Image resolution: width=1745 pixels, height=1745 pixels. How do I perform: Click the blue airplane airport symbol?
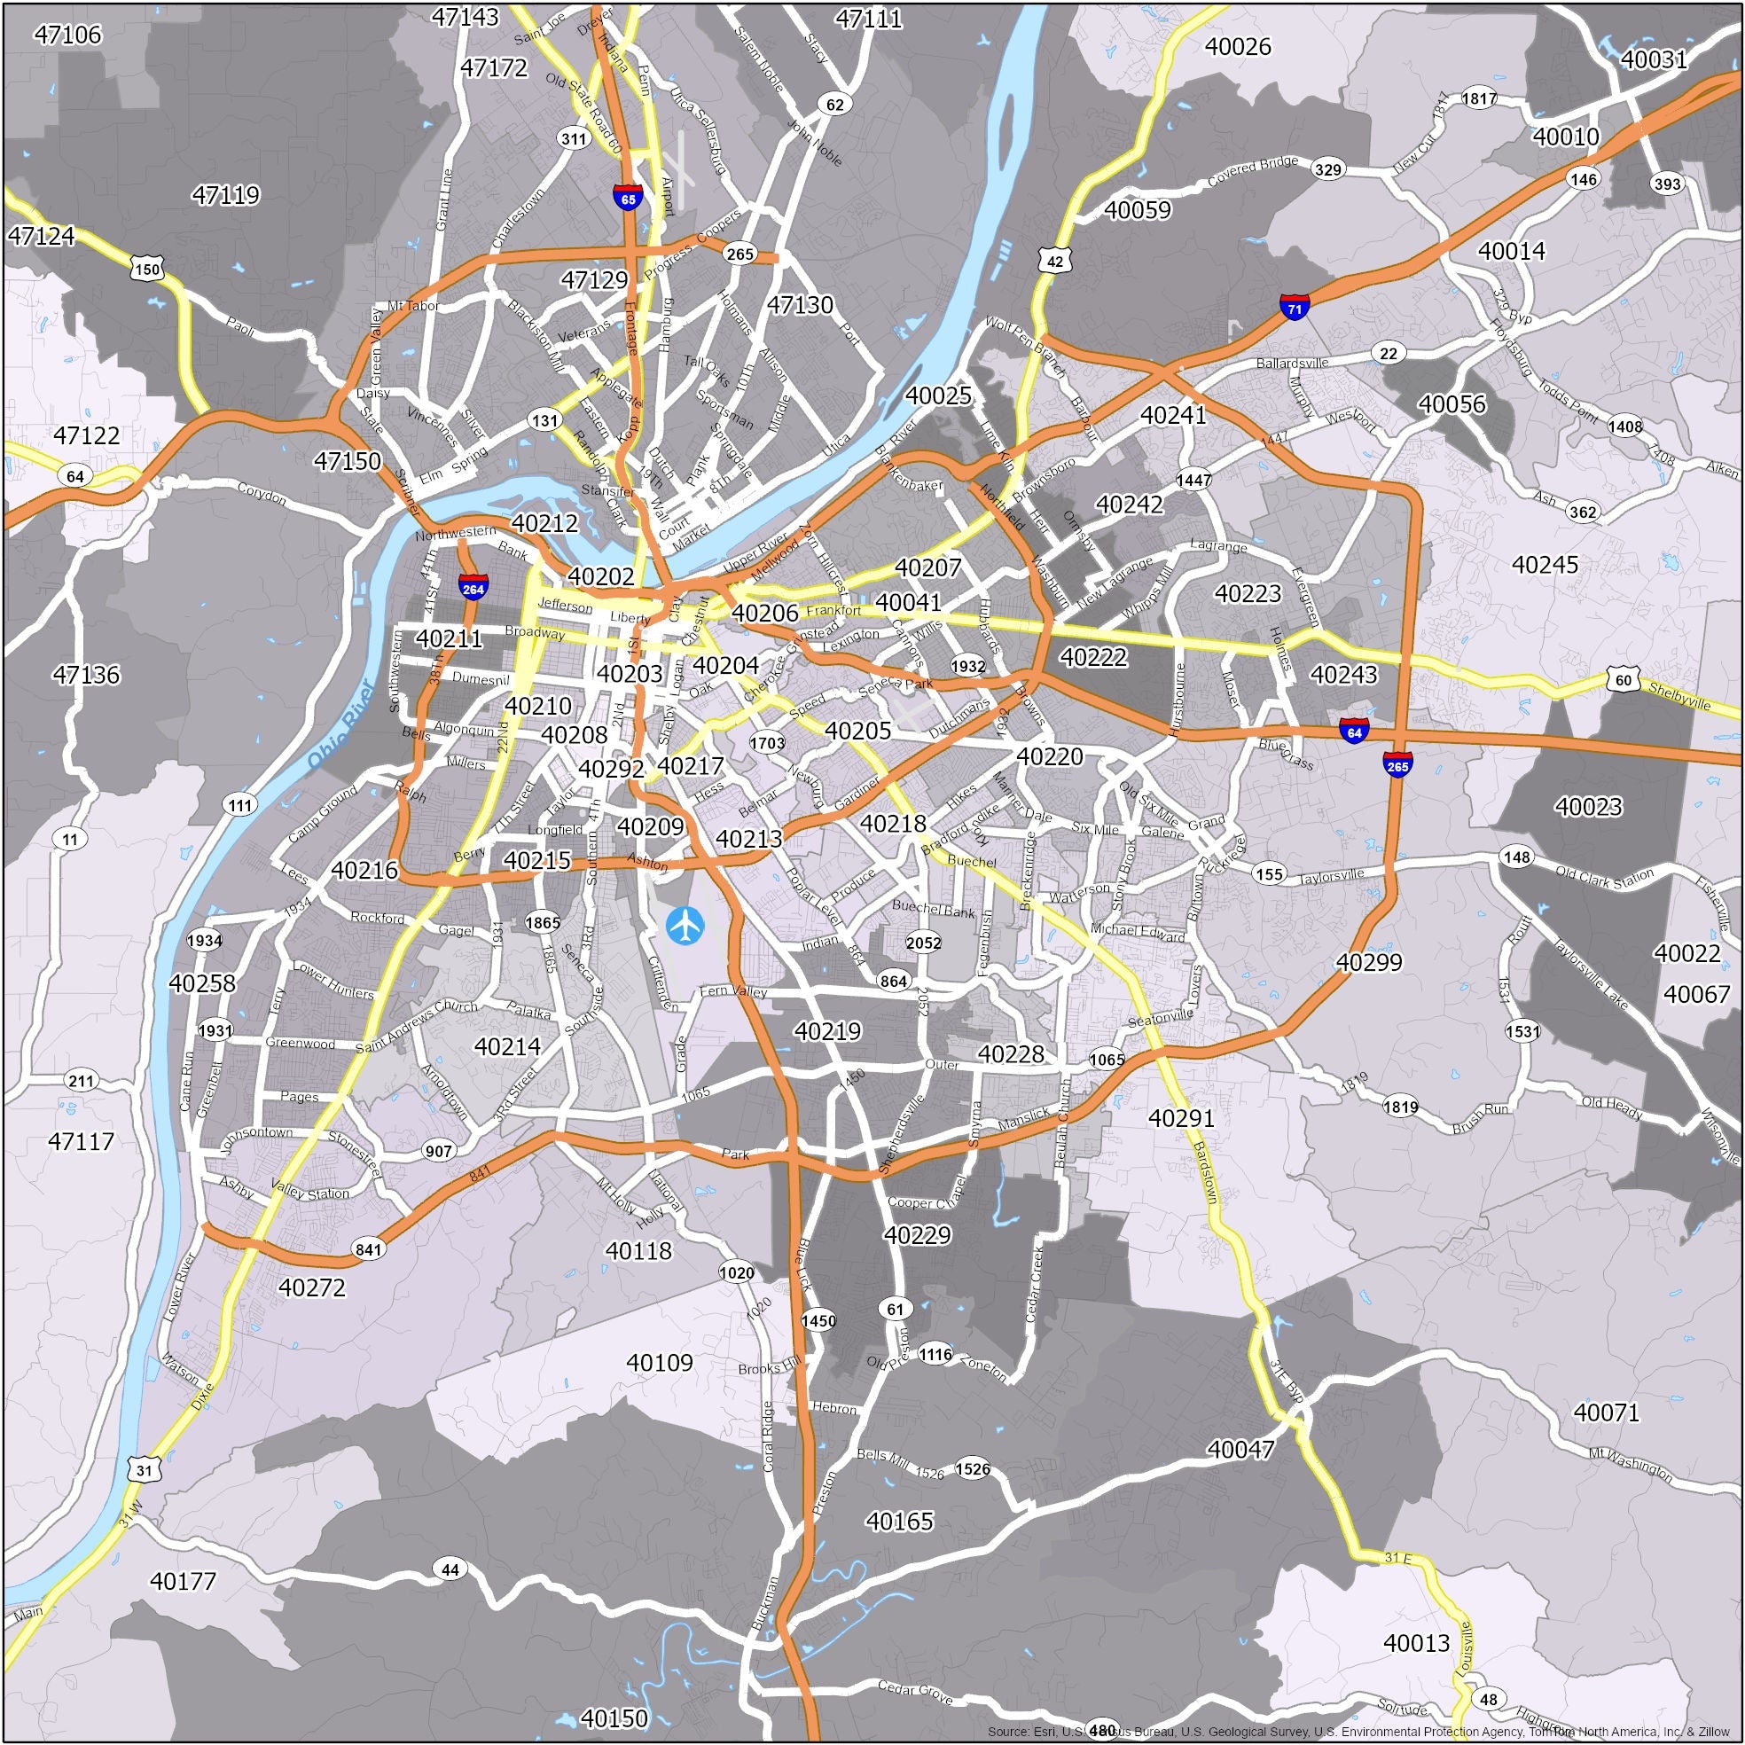pyautogui.click(x=685, y=924)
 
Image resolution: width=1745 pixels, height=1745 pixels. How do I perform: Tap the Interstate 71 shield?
pyautogui.click(x=1295, y=307)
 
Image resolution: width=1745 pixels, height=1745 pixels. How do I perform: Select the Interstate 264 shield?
pyautogui.click(x=473, y=587)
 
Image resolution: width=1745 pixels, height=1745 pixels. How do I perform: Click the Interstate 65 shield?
pyautogui.click(x=628, y=198)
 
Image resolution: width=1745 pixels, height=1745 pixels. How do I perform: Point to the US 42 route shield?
pyautogui.click(x=1056, y=260)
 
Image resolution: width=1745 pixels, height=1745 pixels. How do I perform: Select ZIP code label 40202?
pyautogui.click(x=600, y=576)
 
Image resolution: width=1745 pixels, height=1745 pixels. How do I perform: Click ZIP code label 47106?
pyautogui.click(x=67, y=35)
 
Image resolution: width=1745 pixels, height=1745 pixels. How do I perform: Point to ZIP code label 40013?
pyautogui.click(x=1416, y=1643)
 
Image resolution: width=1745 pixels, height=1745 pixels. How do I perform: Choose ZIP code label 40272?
pyautogui.click(x=311, y=1287)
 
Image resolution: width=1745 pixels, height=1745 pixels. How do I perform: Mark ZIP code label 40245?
pyautogui.click(x=1545, y=565)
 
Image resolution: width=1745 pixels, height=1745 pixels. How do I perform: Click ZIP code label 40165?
pyautogui.click(x=899, y=1521)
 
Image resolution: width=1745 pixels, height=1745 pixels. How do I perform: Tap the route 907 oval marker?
pyautogui.click(x=438, y=1151)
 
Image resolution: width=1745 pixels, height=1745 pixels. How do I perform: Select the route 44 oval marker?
pyautogui.click(x=450, y=1569)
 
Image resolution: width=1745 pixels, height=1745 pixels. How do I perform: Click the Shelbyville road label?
pyautogui.click(x=1680, y=696)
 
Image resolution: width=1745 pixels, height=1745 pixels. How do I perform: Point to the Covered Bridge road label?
pyautogui.click(x=1252, y=172)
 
